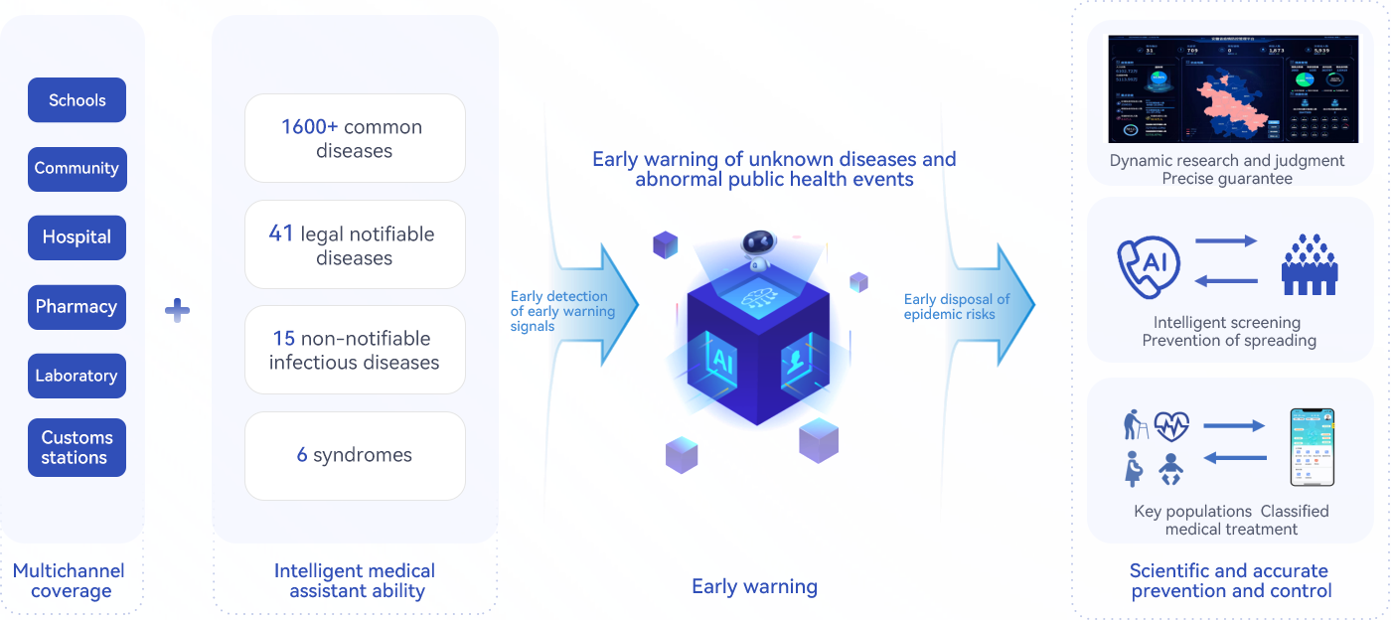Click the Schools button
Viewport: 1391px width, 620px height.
(77, 100)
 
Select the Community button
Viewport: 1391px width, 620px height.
(77, 169)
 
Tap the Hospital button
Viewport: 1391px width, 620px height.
(77, 237)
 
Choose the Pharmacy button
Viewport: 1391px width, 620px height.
(77, 307)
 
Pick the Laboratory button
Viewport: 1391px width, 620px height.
(77, 376)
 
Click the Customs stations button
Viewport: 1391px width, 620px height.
(77, 447)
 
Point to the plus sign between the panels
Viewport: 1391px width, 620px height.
(177, 311)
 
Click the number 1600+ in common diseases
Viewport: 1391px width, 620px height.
(309, 127)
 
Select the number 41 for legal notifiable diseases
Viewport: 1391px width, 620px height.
(281, 234)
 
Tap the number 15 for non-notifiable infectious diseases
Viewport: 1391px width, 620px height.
(283, 339)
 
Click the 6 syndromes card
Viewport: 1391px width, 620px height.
(355, 455)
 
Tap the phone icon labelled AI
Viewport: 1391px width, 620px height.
(1150, 264)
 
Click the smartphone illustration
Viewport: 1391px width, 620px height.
(1312, 447)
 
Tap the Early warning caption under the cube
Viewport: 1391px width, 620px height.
(754, 586)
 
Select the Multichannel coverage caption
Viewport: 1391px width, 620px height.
(70, 581)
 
